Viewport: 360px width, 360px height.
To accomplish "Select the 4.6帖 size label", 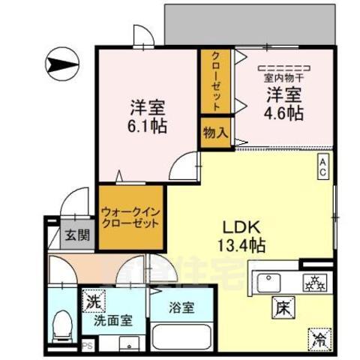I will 283,114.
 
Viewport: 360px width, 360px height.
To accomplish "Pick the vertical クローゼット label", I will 215,81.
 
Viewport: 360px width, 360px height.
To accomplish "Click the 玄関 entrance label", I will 76,235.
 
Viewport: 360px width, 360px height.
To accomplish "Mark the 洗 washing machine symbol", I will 92,301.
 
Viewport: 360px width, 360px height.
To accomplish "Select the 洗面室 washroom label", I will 112,320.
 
